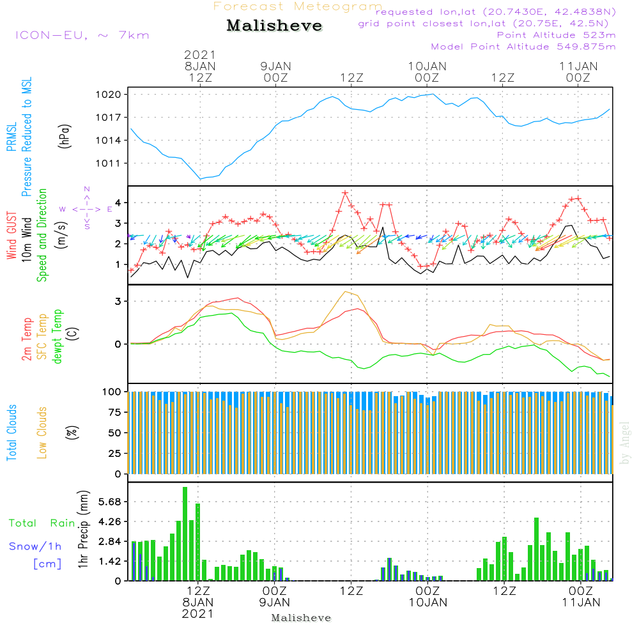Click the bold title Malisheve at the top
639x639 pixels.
coord(274,26)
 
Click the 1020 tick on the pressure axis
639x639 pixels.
coord(109,95)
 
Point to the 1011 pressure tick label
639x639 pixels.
coord(109,164)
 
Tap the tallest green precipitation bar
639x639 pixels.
coord(185,534)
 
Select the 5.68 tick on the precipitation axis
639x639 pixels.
coord(110,501)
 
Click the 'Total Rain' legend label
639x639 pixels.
coord(42,523)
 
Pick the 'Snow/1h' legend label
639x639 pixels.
coord(35,546)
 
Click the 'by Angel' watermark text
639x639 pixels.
coord(625,443)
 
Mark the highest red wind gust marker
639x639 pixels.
coord(345,193)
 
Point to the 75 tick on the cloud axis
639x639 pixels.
coord(115,412)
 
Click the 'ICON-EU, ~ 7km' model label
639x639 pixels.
coord(82,35)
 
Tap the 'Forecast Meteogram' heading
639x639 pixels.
coord(298,6)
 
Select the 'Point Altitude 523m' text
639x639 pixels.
coord(557,35)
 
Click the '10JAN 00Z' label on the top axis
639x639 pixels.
coord(427,72)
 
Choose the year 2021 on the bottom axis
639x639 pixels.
coord(197,613)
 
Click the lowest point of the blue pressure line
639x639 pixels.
coord(200,179)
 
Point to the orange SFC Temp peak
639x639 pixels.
coord(346,292)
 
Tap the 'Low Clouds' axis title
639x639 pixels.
coord(42,433)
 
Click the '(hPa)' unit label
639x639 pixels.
coord(65,135)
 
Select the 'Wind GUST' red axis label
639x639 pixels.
coord(12,236)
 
